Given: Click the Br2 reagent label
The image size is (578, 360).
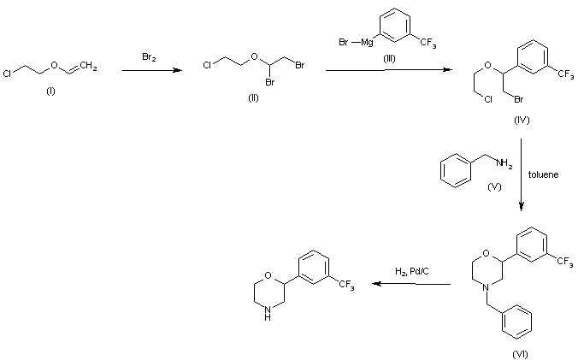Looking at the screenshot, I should click(x=148, y=56).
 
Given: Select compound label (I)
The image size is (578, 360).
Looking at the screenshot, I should click(x=50, y=91).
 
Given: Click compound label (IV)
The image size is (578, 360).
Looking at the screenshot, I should click(x=522, y=121).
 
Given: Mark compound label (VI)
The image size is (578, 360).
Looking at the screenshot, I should click(x=519, y=352).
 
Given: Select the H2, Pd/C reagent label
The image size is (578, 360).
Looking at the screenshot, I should click(x=412, y=271).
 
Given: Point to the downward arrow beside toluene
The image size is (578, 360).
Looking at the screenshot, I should click(x=522, y=180).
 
